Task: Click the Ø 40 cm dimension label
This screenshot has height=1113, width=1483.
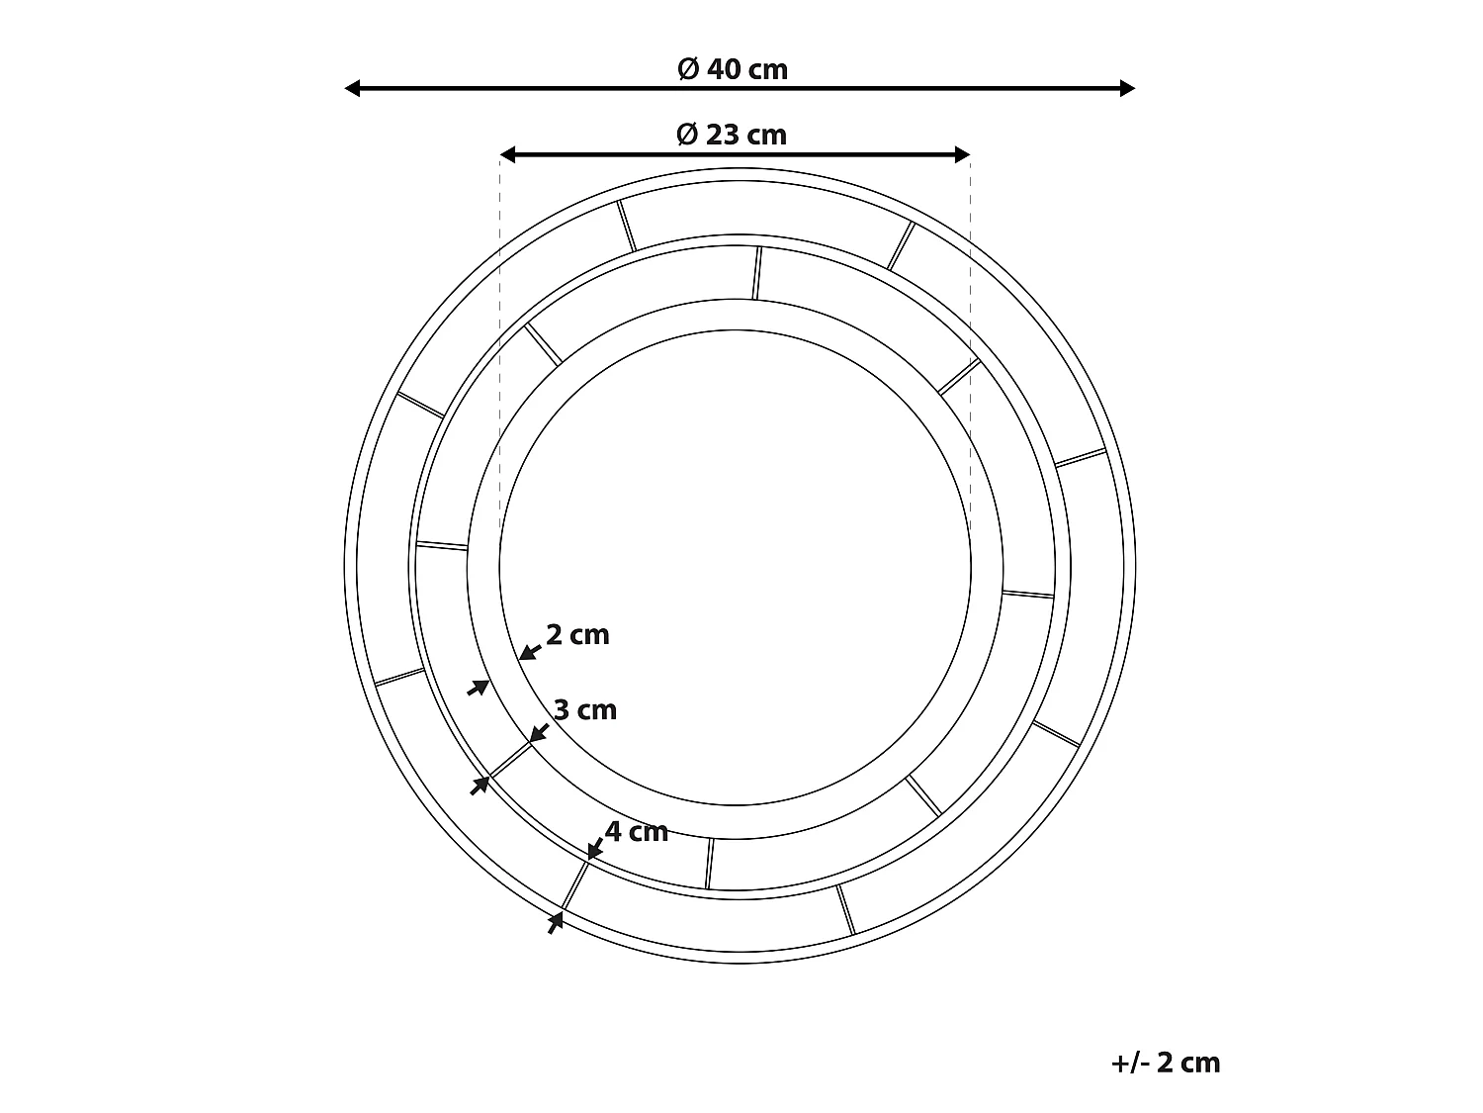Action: pos(733,69)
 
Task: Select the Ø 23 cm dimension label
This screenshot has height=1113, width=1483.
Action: pos(732,136)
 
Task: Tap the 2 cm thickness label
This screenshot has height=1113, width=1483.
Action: pos(577,635)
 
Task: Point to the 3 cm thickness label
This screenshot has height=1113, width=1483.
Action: pos(585,710)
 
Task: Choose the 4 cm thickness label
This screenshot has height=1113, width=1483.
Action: pos(637,832)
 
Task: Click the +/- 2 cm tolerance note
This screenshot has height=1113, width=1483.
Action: pos(1166,1063)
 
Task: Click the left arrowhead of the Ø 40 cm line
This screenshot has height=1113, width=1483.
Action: pos(352,88)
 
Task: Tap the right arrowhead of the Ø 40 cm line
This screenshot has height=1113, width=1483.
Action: pos(1127,88)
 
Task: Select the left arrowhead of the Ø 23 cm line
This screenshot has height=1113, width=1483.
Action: pos(507,154)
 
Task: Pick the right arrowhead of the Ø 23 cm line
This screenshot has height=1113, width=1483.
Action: pos(963,154)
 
